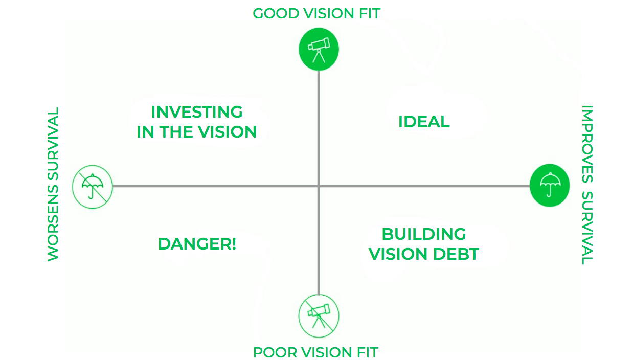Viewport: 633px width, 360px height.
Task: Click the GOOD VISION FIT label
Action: tap(316, 14)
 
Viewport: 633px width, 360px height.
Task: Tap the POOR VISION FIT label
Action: tap(315, 352)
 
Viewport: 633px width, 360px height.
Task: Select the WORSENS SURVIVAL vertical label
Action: tap(53, 184)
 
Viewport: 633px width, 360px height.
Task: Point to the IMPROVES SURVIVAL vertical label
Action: tap(587, 185)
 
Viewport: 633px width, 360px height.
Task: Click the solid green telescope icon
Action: tap(319, 49)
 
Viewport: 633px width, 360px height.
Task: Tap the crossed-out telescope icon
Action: tap(319, 316)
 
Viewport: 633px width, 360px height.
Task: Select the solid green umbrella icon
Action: tap(550, 185)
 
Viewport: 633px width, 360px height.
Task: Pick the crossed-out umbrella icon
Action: tap(93, 187)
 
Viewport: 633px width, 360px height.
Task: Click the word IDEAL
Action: tap(424, 122)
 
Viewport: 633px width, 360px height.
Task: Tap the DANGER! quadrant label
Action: tap(197, 244)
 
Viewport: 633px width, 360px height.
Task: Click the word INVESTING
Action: tap(197, 112)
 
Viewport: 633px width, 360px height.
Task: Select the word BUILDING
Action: tap(424, 234)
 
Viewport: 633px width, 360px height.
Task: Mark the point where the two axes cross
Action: tap(319, 186)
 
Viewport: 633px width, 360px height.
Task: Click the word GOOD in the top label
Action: tap(276, 14)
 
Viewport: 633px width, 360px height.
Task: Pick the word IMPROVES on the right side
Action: tap(587, 144)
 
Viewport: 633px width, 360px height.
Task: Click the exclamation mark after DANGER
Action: tap(234, 244)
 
